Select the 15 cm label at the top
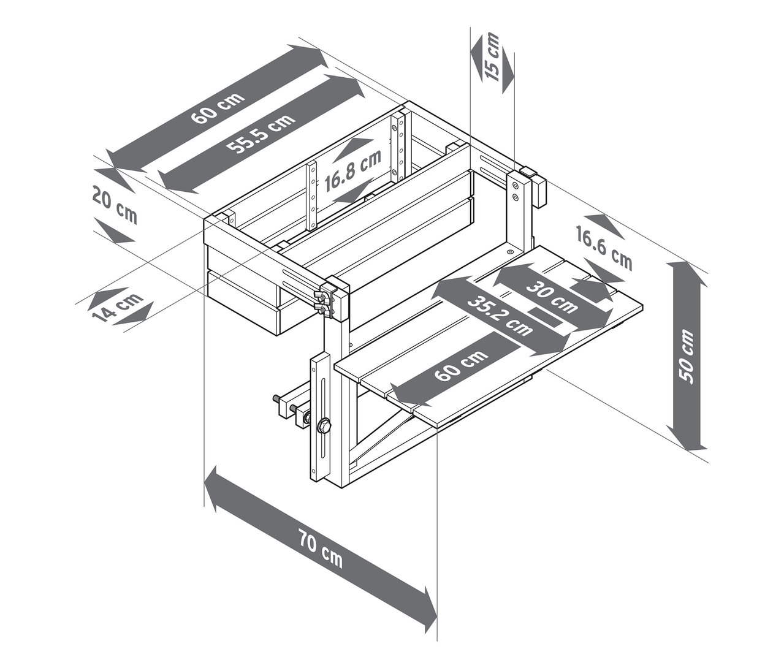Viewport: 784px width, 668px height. (x=492, y=57)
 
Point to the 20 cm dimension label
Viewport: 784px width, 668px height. (x=115, y=205)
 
